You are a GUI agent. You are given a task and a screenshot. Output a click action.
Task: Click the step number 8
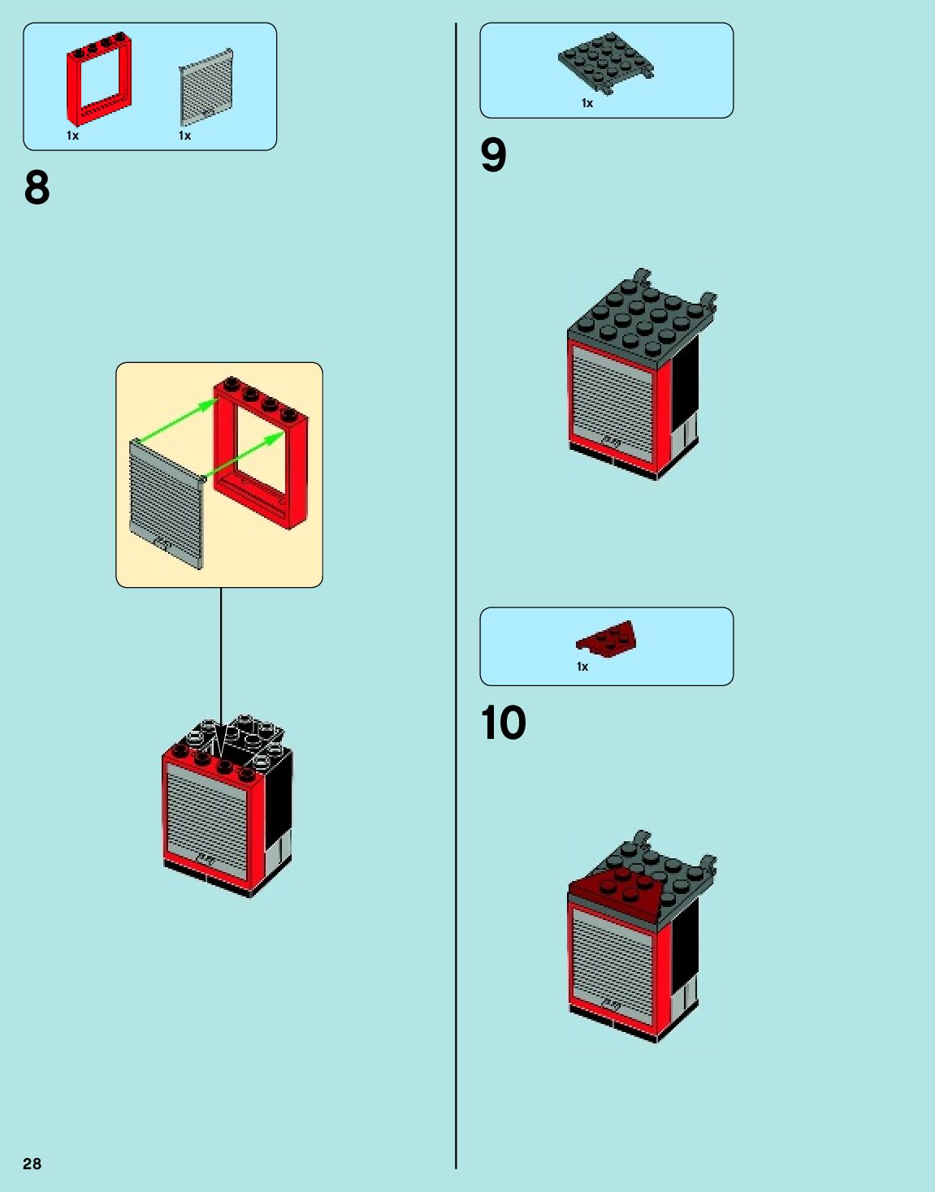coord(37,188)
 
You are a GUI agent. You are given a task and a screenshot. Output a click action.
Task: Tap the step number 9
coord(493,155)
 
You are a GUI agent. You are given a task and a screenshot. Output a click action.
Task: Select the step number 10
coord(503,723)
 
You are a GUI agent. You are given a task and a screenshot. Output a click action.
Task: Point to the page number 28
coord(32,1164)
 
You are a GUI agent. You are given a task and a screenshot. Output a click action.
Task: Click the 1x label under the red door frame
coord(72,136)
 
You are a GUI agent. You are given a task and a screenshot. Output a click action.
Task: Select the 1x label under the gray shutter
coord(184,136)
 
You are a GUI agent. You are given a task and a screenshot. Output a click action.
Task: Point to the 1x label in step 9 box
coord(587,103)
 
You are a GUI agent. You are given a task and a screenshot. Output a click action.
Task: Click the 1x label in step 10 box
coord(582,667)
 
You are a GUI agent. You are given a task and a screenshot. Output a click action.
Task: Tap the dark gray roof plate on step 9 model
coord(642,317)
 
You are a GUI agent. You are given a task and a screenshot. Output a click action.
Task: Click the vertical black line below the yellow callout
coord(221,658)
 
